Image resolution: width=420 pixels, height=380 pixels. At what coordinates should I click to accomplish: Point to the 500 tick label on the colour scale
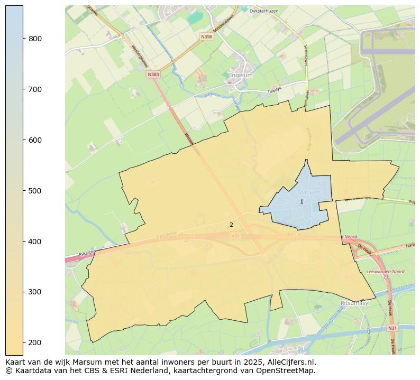pyautogui.click(x=35, y=191)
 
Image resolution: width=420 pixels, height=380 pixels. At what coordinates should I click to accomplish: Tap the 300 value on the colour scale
pyautogui.click(x=35, y=292)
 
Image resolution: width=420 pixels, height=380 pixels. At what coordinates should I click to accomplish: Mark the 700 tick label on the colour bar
pyautogui.click(x=35, y=89)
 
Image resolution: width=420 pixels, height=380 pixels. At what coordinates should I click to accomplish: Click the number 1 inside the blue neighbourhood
pyautogui.click(x=302, y=201)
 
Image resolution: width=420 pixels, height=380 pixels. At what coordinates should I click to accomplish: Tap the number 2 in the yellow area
pyautogui.click(x=231, y=225)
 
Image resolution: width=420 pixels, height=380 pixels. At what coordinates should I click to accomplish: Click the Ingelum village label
pyautogui.click(x=241, y=76)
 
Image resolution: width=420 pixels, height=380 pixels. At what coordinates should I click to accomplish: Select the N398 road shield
pyautogui.click(x=206, y=36)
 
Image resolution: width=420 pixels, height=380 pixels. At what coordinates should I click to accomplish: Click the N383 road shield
pyautogui.click(x=153, y=75)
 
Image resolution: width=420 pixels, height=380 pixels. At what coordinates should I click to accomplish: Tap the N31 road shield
pyautogui.click(x=392, y=328)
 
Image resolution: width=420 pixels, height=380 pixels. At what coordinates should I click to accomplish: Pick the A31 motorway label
pyautogui.click(x=235, y=236)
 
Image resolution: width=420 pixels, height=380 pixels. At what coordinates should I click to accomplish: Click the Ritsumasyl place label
pyautogui.click(x=354, y=303)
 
